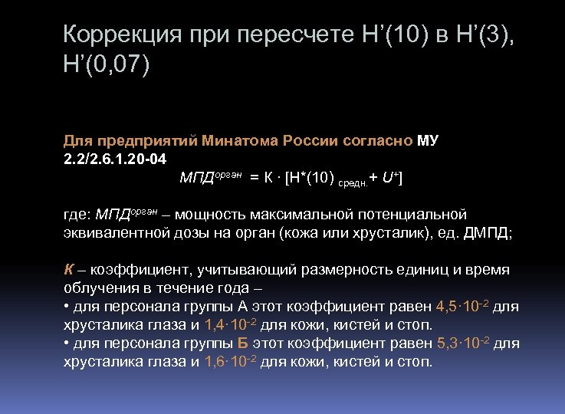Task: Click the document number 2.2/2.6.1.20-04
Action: coord(113,159)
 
